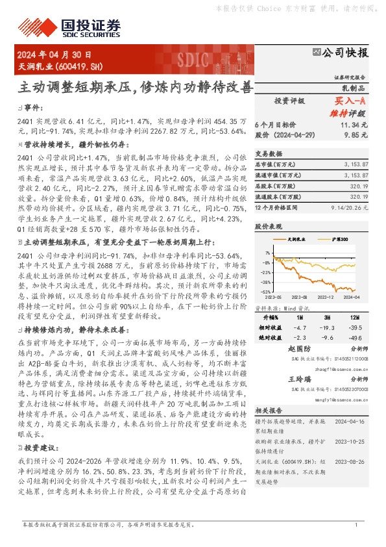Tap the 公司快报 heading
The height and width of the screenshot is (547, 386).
click(x=346, y=52)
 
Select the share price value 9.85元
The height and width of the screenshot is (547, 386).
click(x=357, y=134)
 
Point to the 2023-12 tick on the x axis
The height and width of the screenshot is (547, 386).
click(x=326, y=296)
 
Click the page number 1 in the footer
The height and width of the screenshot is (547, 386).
click(x=356, y=525)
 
